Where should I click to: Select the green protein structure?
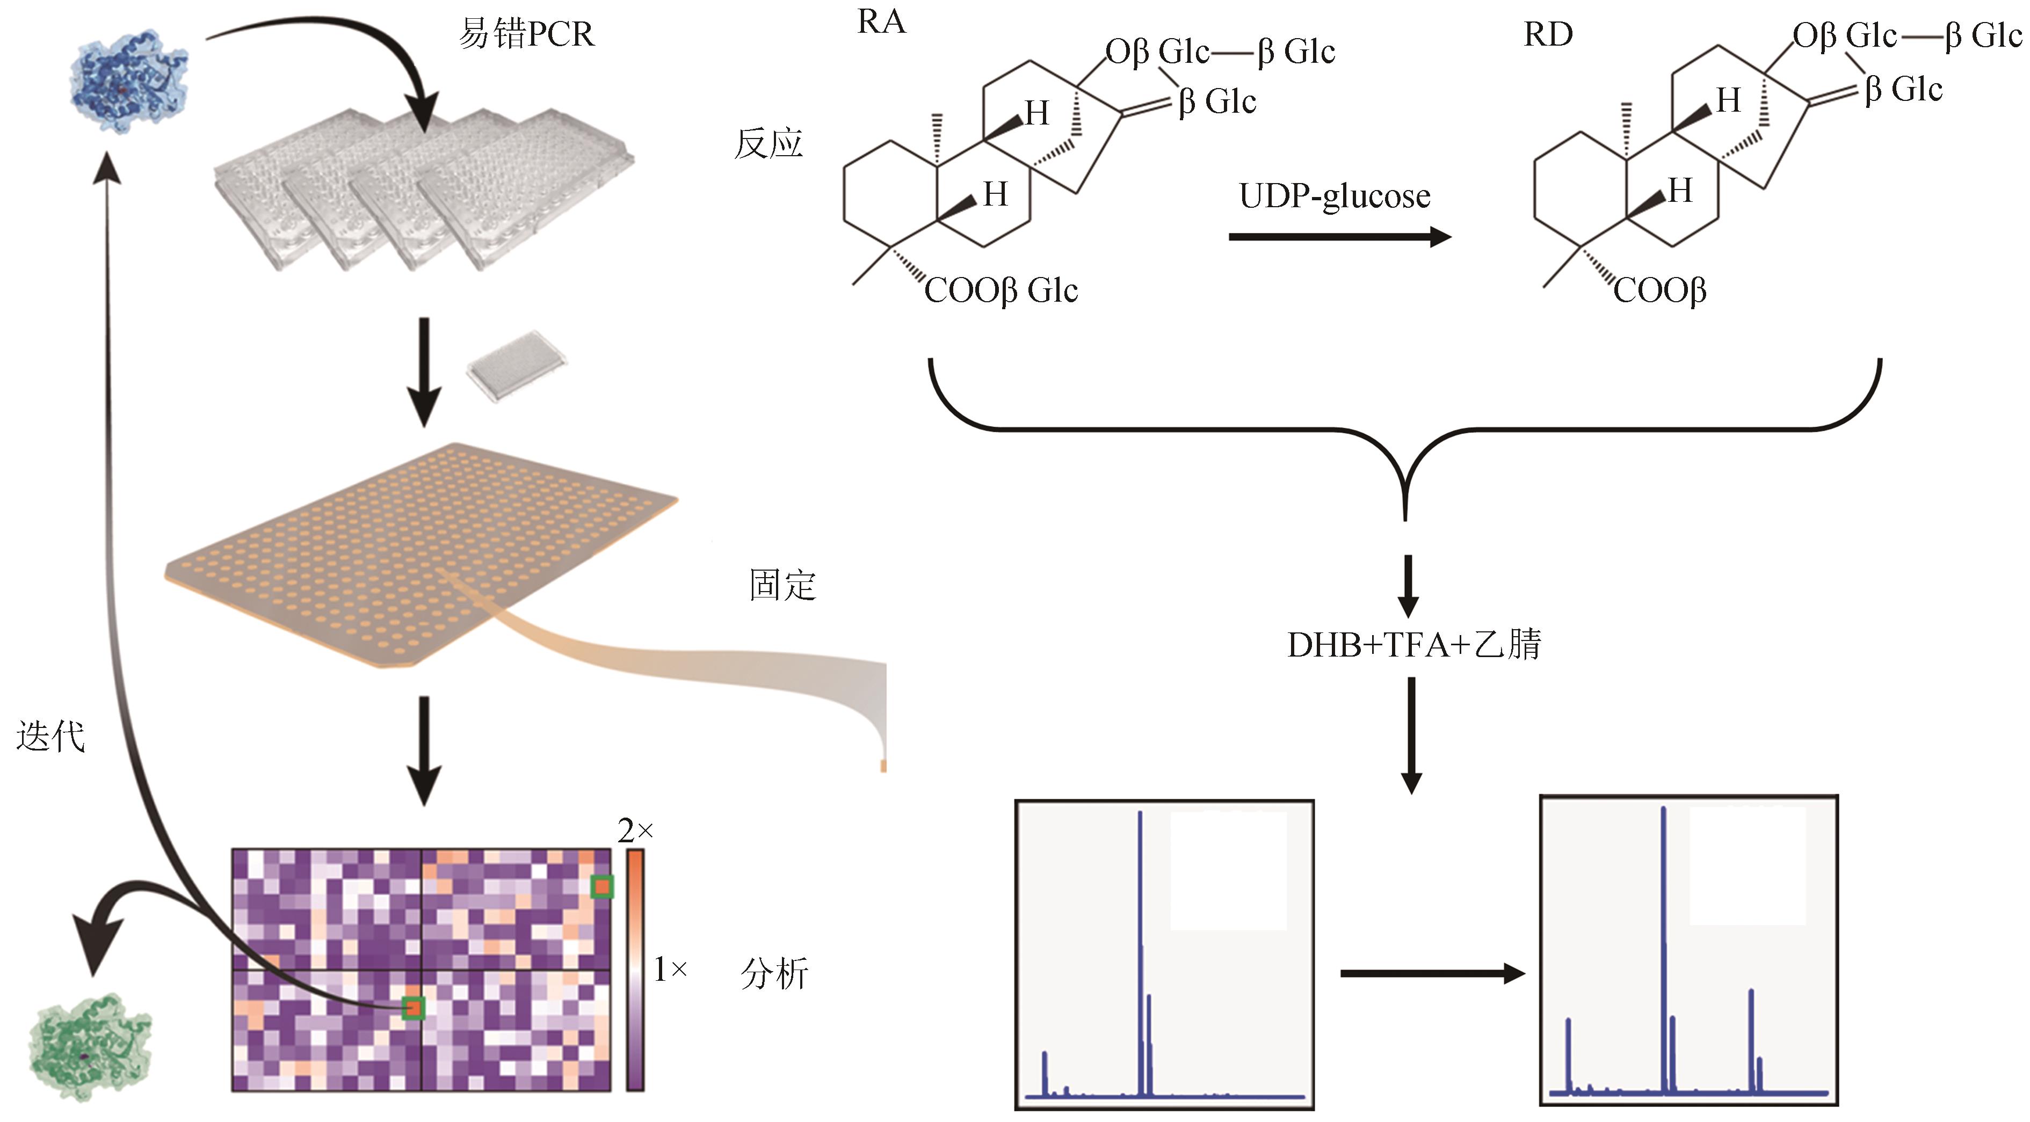click(x=90, y=1046)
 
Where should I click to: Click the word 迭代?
click(x=50, y=737)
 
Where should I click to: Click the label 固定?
click(x=782, y=585)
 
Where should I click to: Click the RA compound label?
click(x=881, y=22)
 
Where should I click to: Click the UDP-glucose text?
click(x=1334, y=196)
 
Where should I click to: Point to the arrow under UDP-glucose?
click(x=1340, y=236)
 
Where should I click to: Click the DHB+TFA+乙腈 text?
click(x=1413, y=645)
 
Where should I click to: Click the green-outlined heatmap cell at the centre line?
click(x=414, y=1008)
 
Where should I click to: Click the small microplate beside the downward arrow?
click(x=516, y=366)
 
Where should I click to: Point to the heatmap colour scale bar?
click(x=635, y=970)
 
